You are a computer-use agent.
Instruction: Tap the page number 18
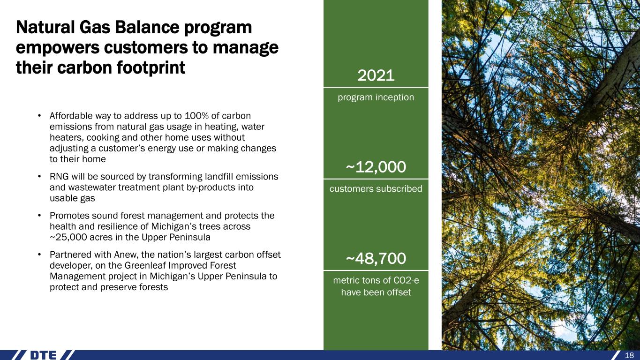tap(629, 355)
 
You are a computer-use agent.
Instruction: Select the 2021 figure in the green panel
tap(376, 75)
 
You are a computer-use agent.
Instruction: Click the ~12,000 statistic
tap(376, 167)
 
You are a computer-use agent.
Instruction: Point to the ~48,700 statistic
tap(376, 258)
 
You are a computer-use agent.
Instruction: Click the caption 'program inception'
tap(376, 97)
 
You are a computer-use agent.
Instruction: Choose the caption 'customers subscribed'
tap(376, 188)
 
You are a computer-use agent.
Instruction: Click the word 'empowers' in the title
tap(58, 48)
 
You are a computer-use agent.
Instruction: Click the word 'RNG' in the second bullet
tap(59, 177)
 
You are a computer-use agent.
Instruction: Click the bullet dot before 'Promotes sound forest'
tap(39, 216)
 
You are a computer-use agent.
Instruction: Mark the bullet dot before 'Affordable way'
tap(39, 116)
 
